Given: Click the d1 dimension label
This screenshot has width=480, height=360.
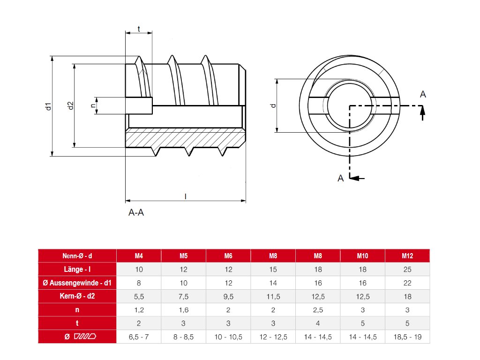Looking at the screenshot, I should click(47, 106).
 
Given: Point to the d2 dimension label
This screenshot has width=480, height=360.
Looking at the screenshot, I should click(70, 106).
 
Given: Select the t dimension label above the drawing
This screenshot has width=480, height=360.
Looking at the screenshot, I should click(139, 29).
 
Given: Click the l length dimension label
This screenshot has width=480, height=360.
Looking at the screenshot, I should click(186, 196).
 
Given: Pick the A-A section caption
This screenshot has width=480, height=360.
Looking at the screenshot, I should click(136, 213).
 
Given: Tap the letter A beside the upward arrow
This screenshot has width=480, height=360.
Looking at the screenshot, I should click(423, 95).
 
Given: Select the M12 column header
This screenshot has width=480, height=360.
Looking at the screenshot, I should click(407, 256).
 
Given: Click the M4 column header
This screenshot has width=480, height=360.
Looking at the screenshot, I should click(139, 256).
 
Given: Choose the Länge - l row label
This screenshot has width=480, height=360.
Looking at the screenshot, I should click(77, 270).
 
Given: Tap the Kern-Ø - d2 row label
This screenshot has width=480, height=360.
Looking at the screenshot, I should click(77, 296).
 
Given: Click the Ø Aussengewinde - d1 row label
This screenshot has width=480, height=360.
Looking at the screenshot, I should click(77, 283).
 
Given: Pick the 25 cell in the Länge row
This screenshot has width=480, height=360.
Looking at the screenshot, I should click(407, 270).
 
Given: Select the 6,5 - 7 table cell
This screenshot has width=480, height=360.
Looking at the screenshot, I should click(139, 337).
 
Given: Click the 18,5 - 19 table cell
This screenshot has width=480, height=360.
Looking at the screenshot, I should click(407, 337).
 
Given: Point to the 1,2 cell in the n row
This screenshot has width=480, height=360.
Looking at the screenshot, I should click(139, 310).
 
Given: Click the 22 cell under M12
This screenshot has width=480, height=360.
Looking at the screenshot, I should click(407, 283).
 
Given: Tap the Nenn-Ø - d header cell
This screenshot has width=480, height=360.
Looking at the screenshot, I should click(77, 256).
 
